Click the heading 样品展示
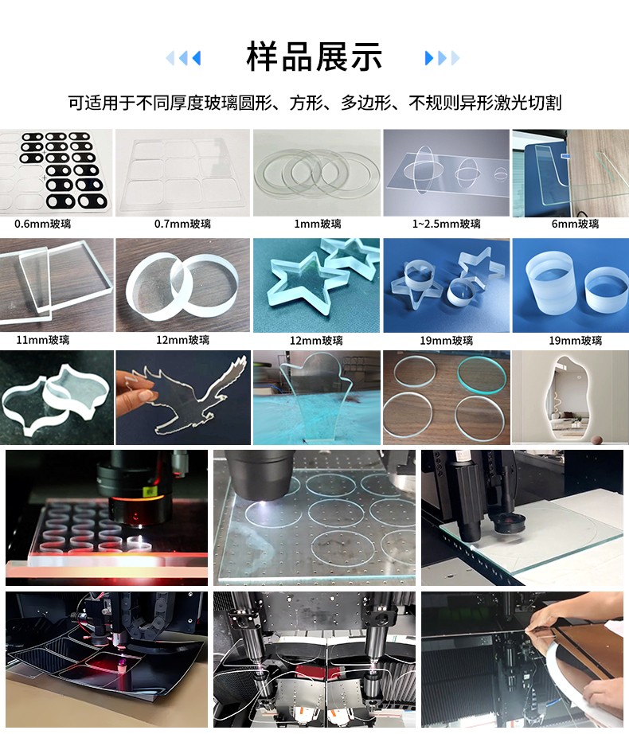point(314,57)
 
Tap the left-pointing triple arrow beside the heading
point(183,58)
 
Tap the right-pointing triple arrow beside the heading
point(442,58)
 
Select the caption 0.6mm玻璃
point(42,224)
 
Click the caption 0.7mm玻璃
point(182,224)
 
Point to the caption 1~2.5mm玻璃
point(446,224)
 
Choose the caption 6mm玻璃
point(575,224)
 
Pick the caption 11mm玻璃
point(42,340)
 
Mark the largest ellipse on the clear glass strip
point(422,169)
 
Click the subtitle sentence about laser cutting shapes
point(314,103)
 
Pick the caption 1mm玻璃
point(318,224)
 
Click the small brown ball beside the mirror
point(596,439)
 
